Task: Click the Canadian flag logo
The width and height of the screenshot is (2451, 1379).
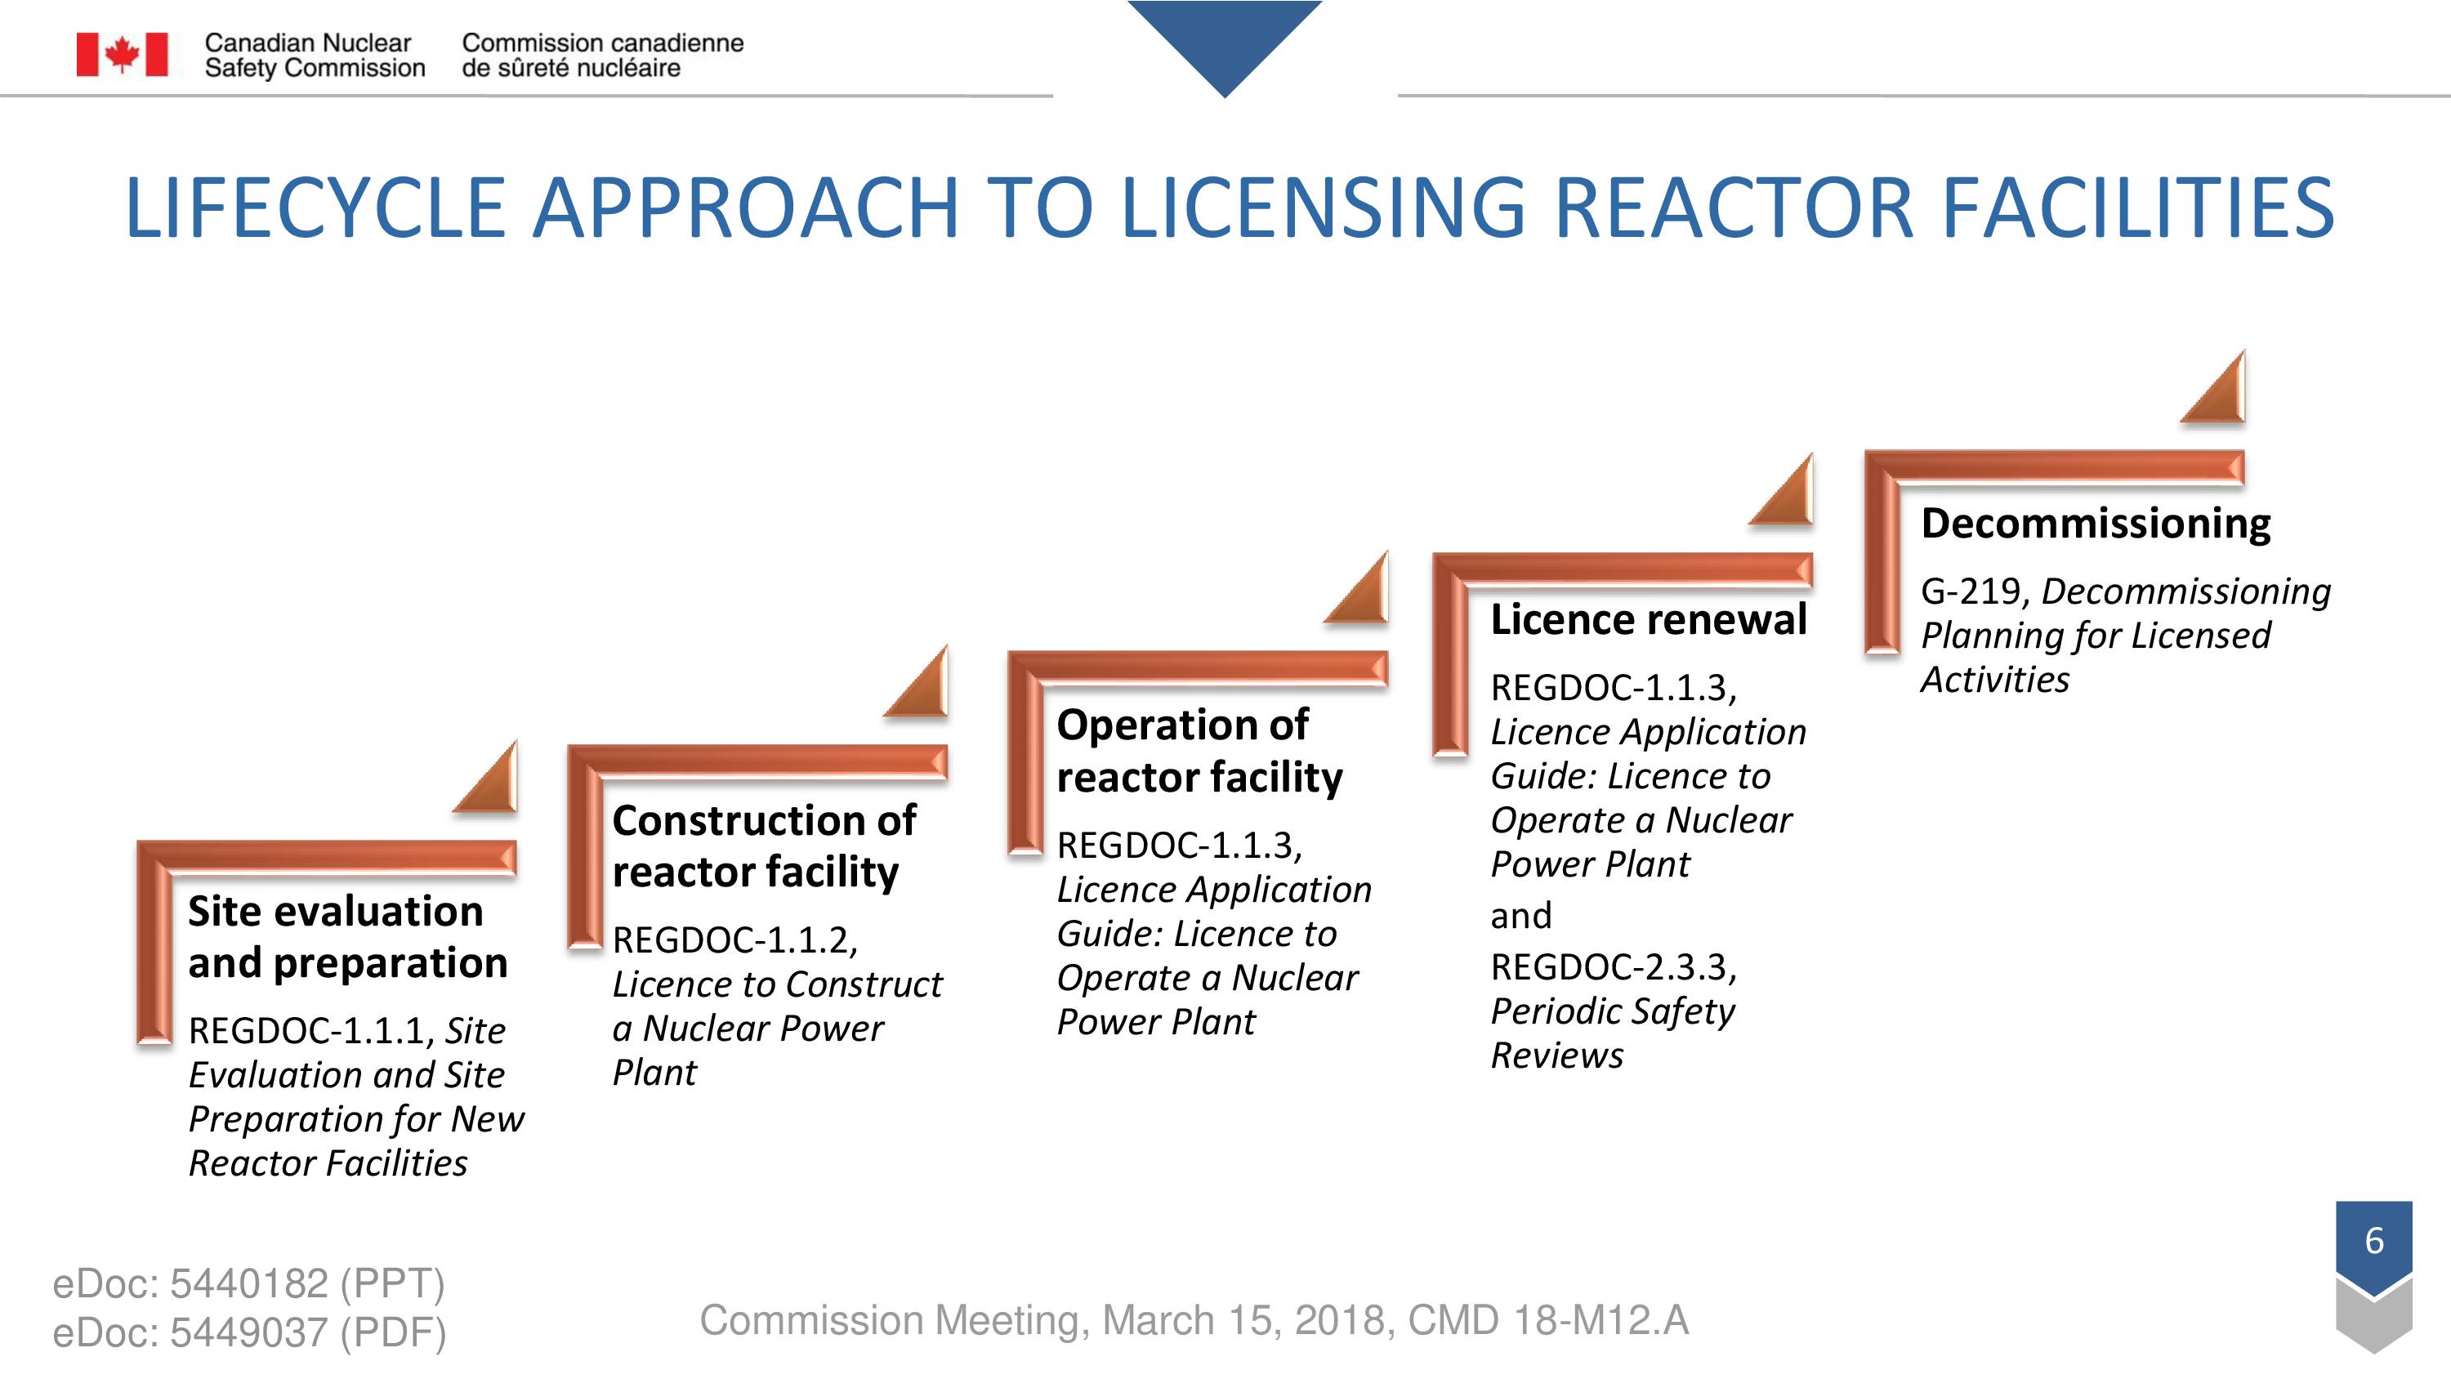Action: (x=122, y=54)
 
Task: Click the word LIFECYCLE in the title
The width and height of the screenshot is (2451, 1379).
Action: (x=315, y=208)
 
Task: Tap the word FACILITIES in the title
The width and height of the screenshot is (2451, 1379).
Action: (x=2137, y=208)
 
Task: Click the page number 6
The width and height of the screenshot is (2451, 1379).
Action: (x=2374, y=1240)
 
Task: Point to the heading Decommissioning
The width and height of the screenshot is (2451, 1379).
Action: (x=2095, y=524)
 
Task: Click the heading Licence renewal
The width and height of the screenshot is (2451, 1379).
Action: (x=1648, y=619)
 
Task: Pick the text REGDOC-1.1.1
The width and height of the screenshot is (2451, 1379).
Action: (x=311, y=1031)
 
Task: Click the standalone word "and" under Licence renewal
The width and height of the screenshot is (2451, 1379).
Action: (x=1521, y=916)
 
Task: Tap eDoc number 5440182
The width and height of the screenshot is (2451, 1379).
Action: (x=249, y=1284)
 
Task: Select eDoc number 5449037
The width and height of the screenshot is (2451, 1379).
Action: (x=249, y=1333)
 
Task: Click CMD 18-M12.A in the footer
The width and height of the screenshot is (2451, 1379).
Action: (x=1548, y=1320)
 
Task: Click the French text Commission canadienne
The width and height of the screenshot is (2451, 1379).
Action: (x=603, y=42)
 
